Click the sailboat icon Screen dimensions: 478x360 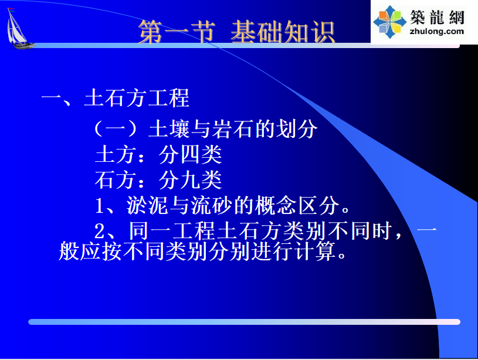19,29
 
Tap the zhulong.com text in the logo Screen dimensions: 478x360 437,32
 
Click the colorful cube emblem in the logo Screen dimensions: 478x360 390,22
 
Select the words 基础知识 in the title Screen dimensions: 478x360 283,32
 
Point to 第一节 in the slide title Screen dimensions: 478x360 177,32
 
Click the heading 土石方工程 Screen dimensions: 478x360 137,98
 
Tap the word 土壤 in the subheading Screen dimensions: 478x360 169,128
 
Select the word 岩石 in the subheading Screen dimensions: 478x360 232,128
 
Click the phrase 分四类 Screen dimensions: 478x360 190,154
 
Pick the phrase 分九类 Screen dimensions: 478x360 190,180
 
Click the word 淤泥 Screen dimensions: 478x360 147,205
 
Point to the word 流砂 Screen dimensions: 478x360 211,205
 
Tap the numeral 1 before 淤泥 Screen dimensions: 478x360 99,206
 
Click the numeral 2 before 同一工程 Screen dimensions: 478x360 99,231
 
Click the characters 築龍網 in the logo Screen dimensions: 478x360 437,17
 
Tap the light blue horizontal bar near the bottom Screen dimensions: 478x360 244,322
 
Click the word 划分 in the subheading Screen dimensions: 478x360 296,128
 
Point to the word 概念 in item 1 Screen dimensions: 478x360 276,205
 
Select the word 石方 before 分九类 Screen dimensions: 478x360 115,180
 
